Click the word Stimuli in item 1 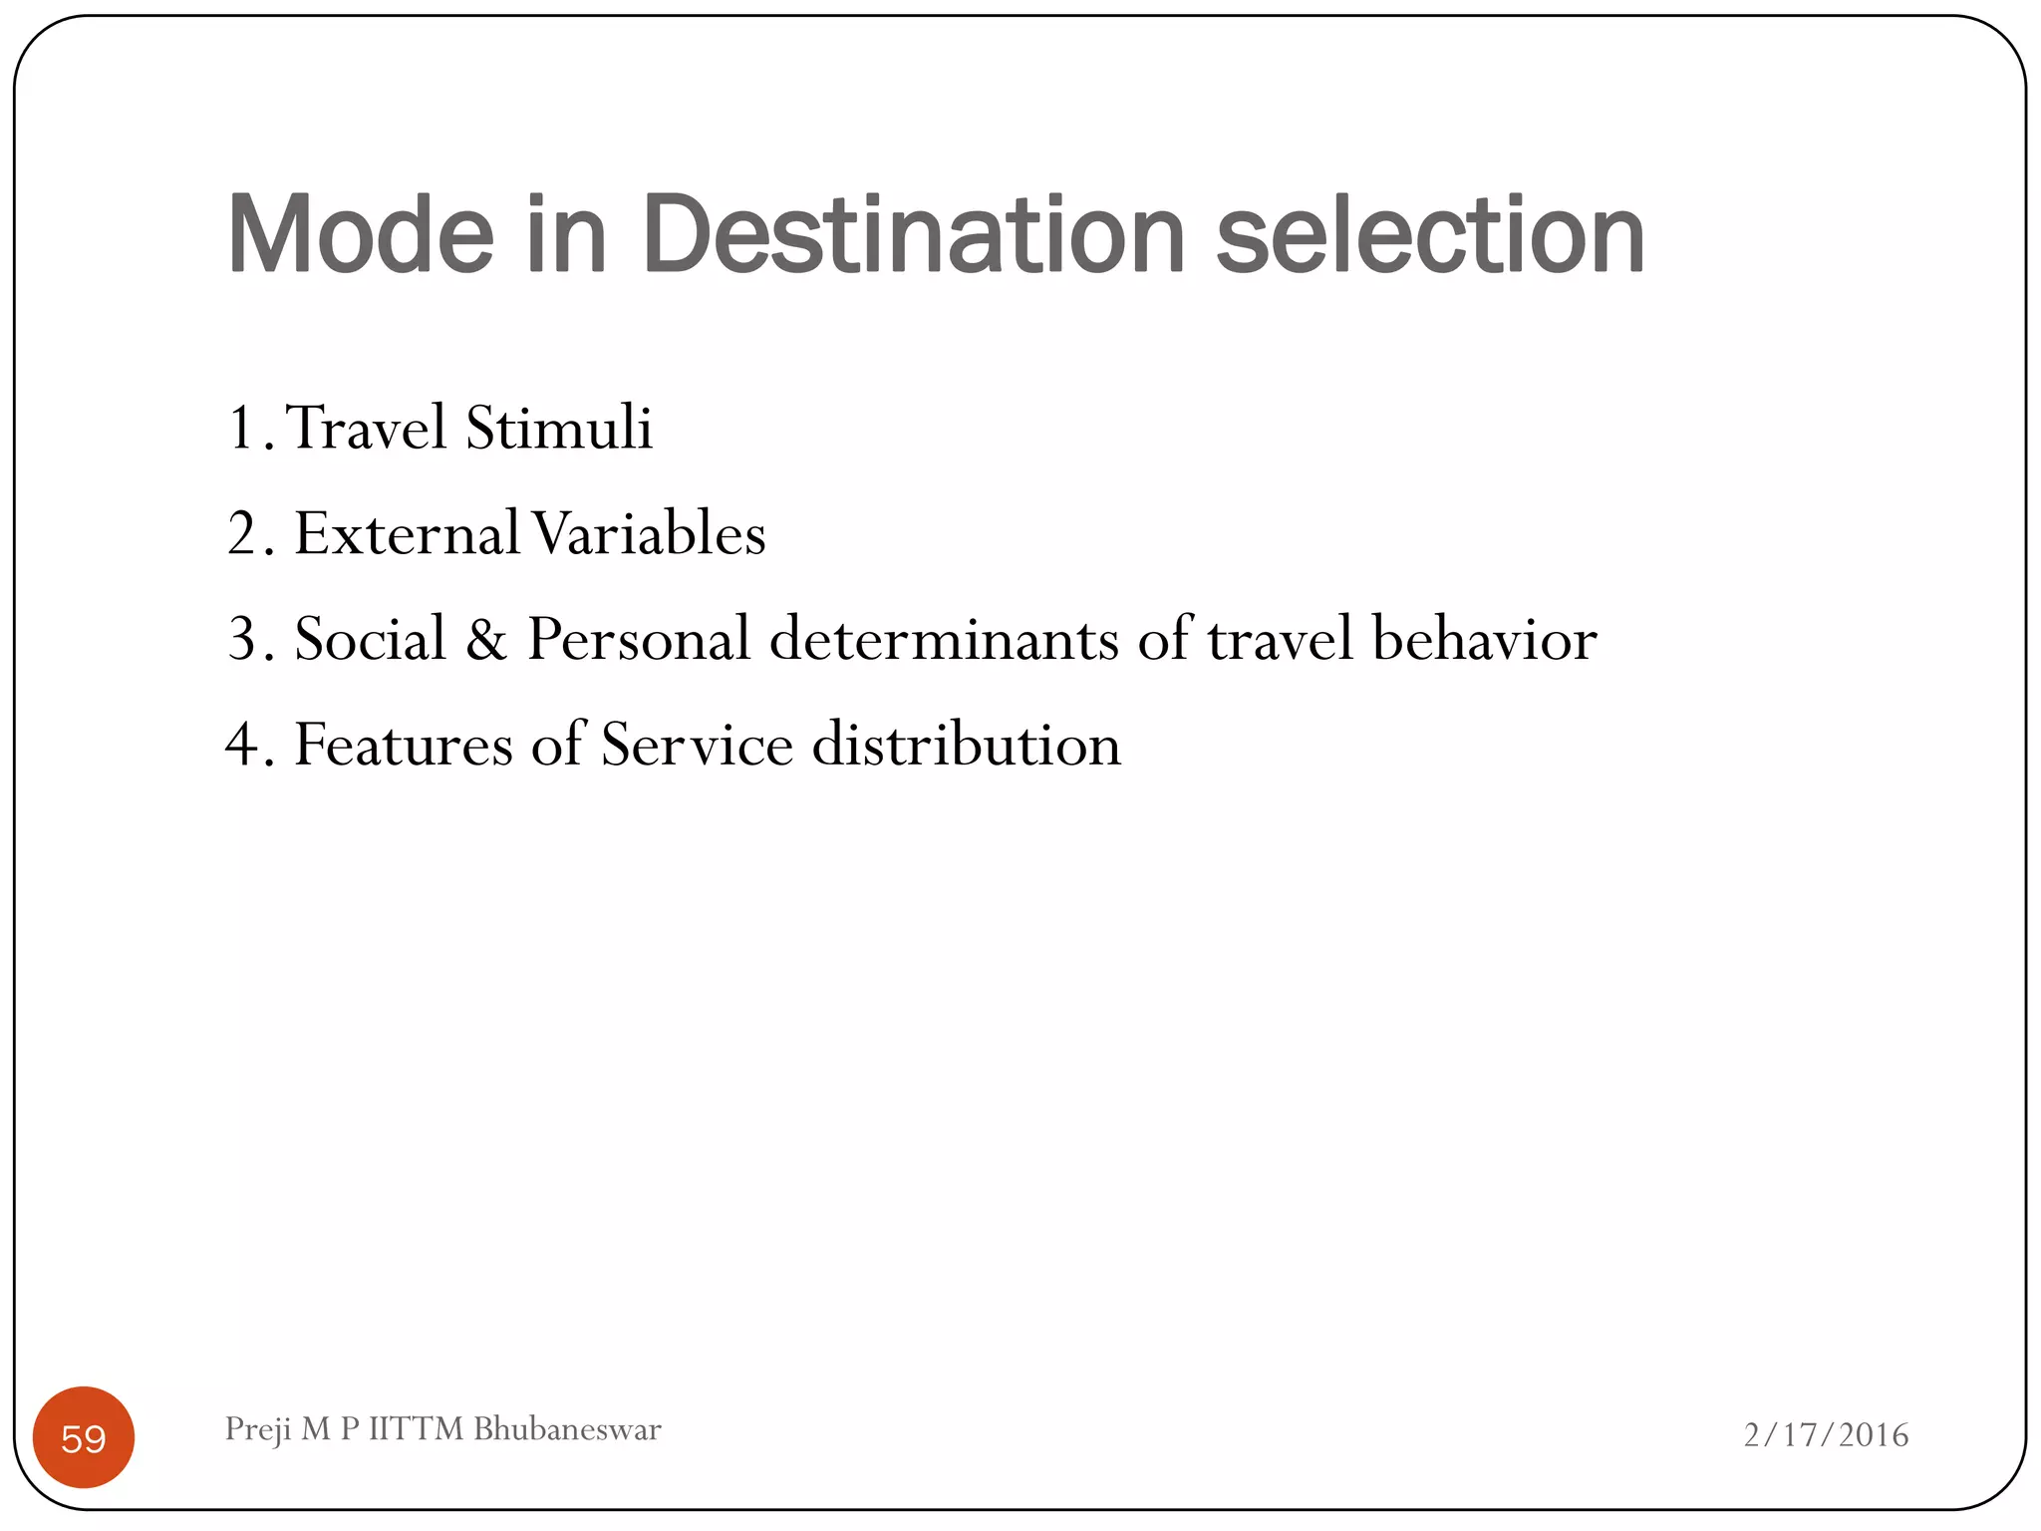point(559,428)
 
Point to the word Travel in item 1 point(366,428)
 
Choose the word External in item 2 point(407,533)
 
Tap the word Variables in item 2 point(649,533)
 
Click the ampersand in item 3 point(486,639)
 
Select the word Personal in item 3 point(638,639)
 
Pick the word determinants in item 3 point(944,639)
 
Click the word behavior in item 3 point(1484,639)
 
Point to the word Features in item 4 point(403,745)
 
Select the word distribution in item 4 point(967,745)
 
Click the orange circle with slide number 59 point(84,1437)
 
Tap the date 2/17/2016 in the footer point(1826,1435)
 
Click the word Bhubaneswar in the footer point(567,1429)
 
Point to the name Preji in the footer point(258,1430)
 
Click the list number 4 point(241,745)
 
